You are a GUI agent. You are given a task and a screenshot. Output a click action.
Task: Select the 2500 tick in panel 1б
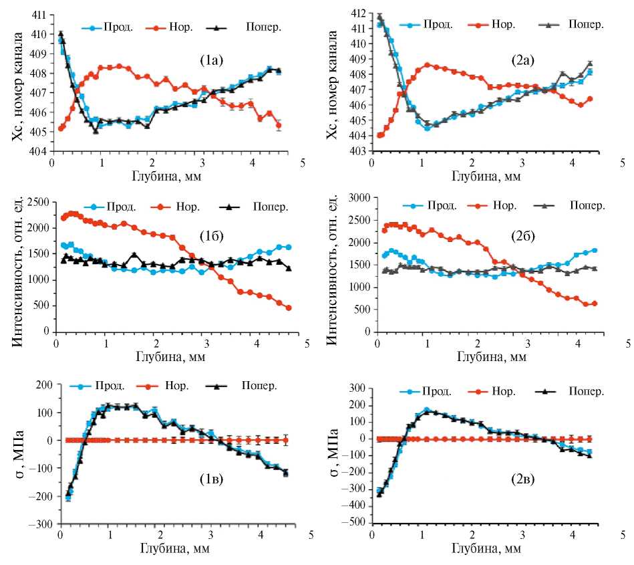tap(37, 202)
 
